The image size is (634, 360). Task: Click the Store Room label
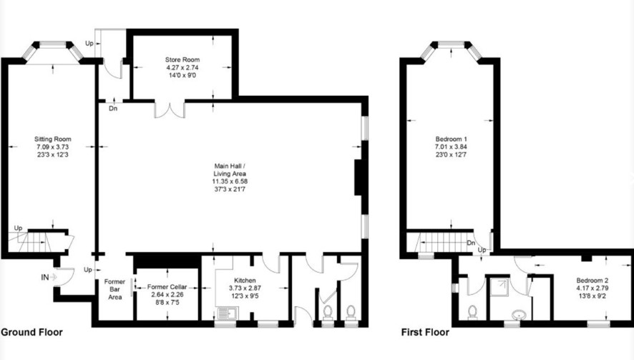(182, 60)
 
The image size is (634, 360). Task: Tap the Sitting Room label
(52, 139)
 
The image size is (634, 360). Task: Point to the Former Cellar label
(167, 287)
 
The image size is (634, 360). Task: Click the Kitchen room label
(245, 281)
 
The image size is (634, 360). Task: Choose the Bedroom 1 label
(451, 139)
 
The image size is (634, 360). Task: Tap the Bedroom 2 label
(592, 281)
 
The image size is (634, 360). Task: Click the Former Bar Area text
(114, 289)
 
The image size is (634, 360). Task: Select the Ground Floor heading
(31, 332)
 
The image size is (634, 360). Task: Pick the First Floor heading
(425, 332)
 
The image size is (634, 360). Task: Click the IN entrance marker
(49, 278)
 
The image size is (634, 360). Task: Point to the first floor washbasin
(518, 314)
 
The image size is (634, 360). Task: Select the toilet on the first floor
(472, 312)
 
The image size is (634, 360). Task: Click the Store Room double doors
(170, 110)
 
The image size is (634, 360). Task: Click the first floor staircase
(444, 242)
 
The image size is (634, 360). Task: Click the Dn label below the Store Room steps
(113, 108)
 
